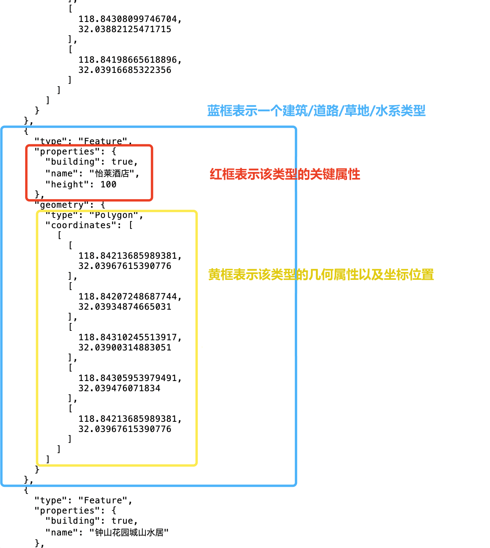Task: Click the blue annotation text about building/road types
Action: point(316,111)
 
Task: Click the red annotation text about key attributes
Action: point(285,174)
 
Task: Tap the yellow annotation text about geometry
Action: point(321,275)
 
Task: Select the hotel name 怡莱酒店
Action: point(112,174)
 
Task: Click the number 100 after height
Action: point(108,185)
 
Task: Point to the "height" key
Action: point(67,185)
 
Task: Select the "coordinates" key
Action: point(81,225)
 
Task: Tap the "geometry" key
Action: point(62,205)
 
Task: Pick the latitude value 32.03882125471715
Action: point(125,29)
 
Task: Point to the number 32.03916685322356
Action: point(125,70)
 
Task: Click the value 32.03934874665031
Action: point(125,307)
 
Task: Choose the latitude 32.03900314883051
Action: point(125,348)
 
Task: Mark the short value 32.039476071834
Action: point(119,388)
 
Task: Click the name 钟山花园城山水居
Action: point(129,533)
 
